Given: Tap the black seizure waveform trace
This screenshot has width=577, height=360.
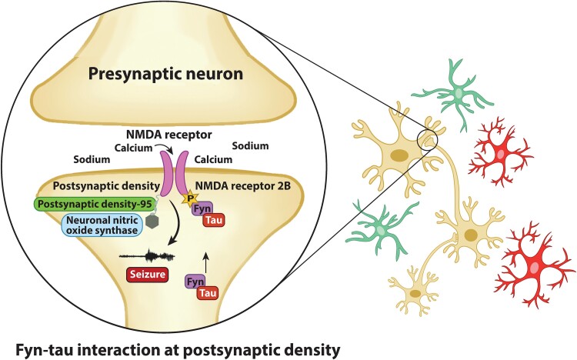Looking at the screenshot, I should pyautogui.click(x=146, y=255).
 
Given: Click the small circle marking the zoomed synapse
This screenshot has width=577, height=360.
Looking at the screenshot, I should pyautogui.click(x=425, y=140).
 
